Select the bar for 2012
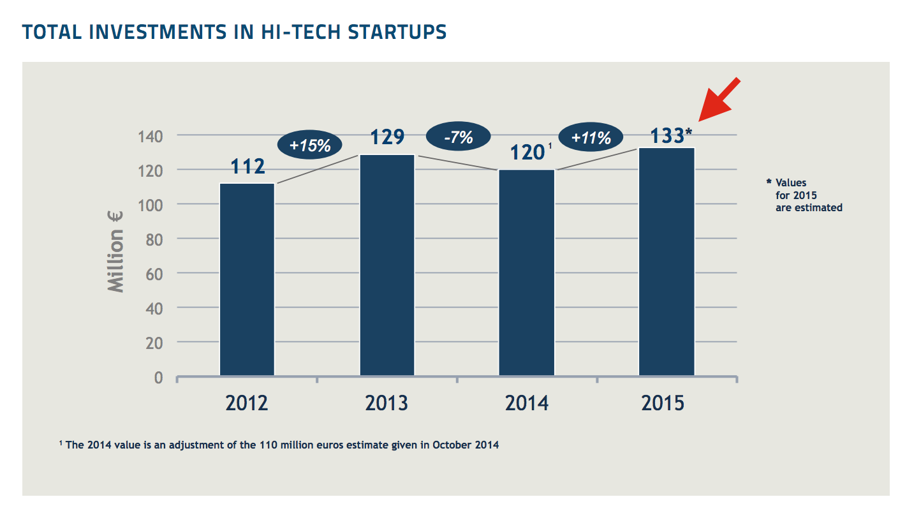(x=247, y=279)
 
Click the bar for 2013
(x=387, y=265)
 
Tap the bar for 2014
(x=527, y=272)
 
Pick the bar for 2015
(x=667, y=262)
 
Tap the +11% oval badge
(x=591, y=137)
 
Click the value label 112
(x=247, y=167)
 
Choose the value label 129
(x=387, y=137)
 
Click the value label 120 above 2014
(x=527, y=153)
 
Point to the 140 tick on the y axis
(x=150, y=135)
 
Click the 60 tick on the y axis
(x=154, y=273)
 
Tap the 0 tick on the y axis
(x=158, y=377)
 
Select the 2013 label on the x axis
(x=387, y=403)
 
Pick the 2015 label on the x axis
(x=663, y=403)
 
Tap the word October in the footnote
(x=453, y=445)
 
